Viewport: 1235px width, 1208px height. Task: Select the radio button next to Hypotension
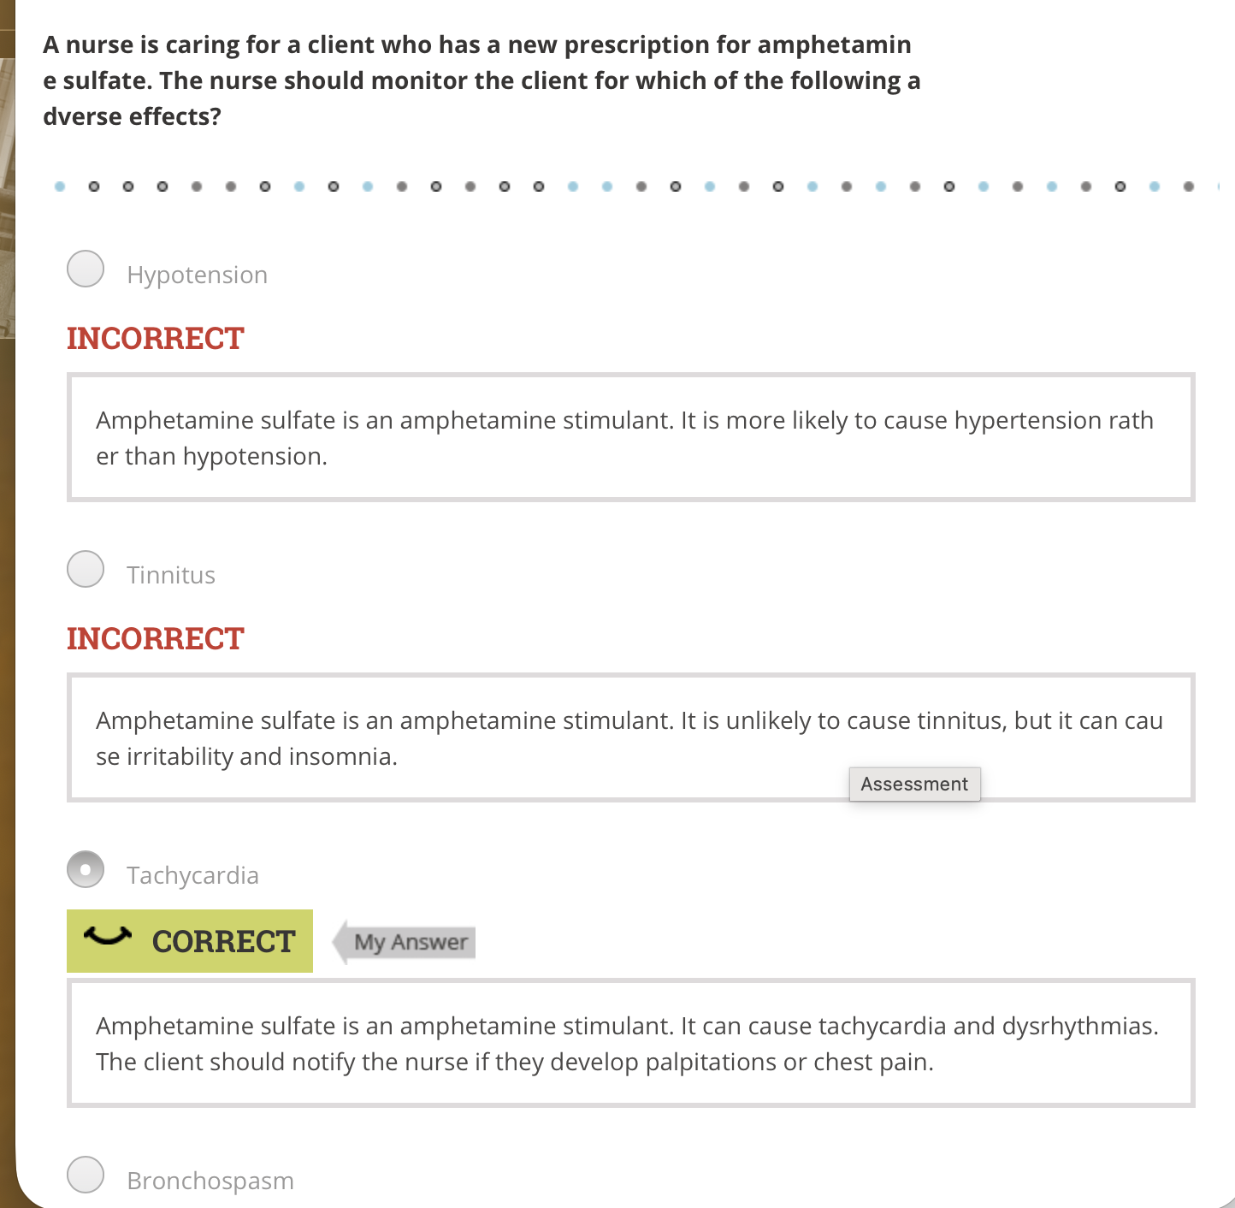[86, 269]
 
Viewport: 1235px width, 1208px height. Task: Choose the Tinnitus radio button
[86, 569]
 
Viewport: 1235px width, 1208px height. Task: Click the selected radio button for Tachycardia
[86, 869]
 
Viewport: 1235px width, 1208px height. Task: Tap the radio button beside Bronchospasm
[86, 1175]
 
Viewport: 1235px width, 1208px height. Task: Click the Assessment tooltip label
[914, 784]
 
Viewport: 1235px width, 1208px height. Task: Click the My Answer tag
[411, 942]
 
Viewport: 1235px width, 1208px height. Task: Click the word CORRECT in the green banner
[223, 941]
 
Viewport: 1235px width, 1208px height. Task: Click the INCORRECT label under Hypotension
[156, 338]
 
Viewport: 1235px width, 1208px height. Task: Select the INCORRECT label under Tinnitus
[156, 638]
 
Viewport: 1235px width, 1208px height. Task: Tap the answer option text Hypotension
[197, 275]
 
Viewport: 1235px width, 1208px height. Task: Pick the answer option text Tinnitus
[171, 575]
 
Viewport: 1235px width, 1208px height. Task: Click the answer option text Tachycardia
[192, 875]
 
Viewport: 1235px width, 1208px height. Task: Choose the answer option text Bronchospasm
[210, 1181]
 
